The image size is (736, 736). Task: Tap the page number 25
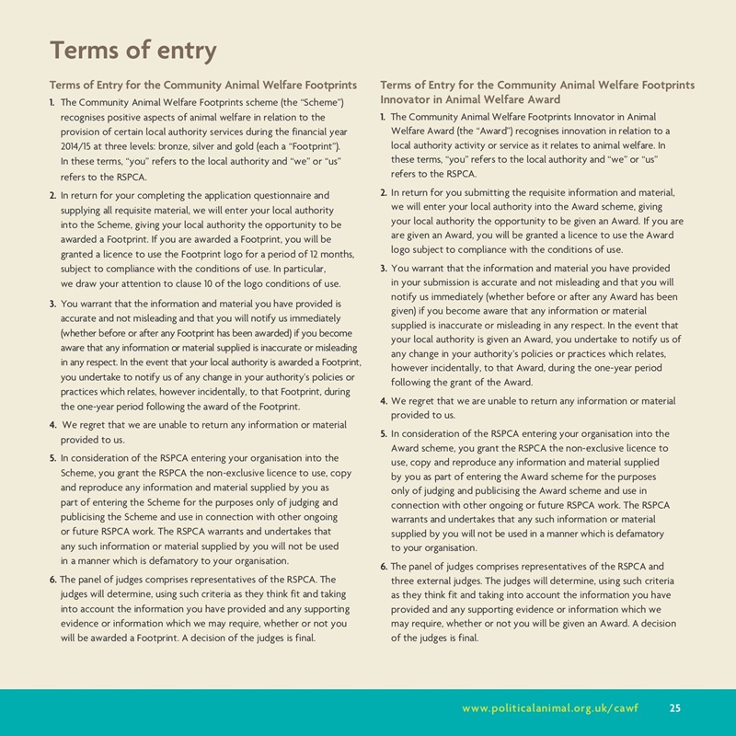pyautogui.click(x=675, y=707)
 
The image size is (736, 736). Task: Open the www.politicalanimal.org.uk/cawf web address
pyautogui.click(x=549, y=707)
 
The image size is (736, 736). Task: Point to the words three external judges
pyautogui.click(x=434, y=581)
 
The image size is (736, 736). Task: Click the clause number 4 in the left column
pyautogui.click(x=52, y=425)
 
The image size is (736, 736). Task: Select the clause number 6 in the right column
pyautogui.click(x=383, y=566)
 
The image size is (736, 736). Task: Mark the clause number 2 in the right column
pyautogui.click(x=383, y=192)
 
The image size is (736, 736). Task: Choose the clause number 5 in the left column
pyautogui.click(x=52, y=457)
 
